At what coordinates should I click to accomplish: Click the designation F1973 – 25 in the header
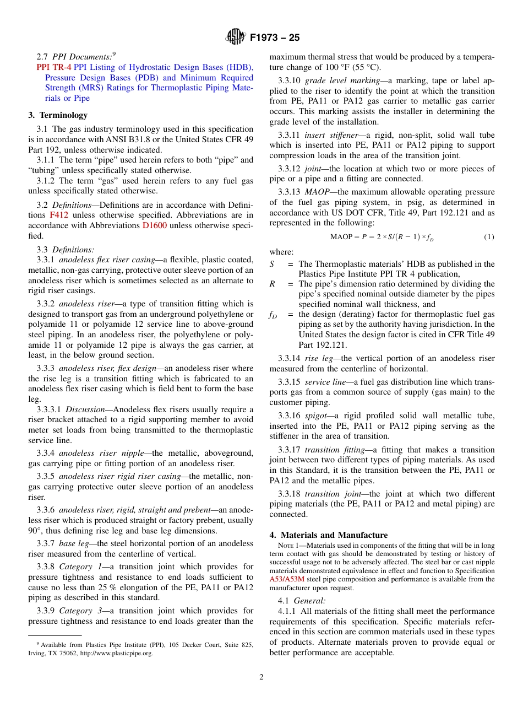point(275,37)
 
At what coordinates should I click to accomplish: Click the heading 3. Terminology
point(58,115)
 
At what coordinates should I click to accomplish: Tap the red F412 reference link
point(59,215)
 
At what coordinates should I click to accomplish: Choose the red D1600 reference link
point(154,225)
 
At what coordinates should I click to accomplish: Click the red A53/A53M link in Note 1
point(289,579)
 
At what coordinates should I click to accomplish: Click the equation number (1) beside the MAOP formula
point(489,237)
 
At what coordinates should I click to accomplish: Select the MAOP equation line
point(382,237)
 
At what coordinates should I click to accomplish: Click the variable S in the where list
point(272,264)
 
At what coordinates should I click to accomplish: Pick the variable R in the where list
point(272,284)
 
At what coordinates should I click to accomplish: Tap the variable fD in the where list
point(273,315)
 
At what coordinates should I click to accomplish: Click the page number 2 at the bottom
point(261,677)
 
